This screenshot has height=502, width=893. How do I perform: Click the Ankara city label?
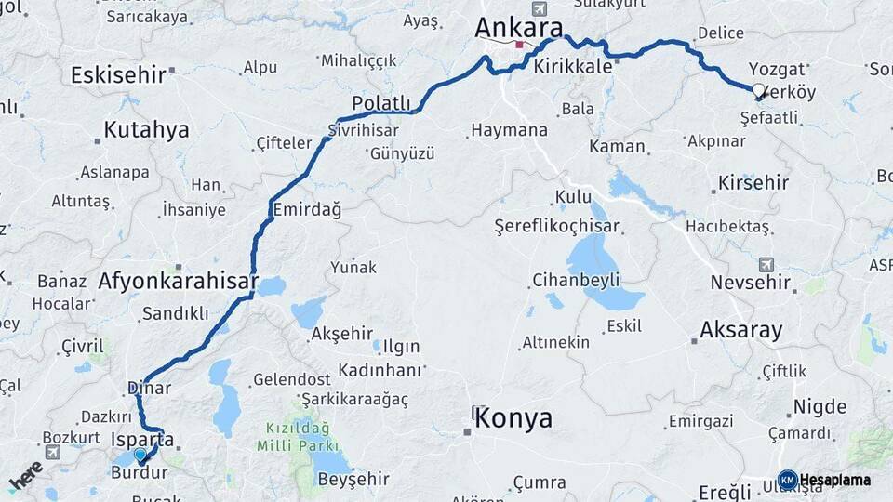(x=519, y=28)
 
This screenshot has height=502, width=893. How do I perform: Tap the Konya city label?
(x=513, y=418)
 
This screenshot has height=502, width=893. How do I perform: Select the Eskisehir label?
(x=118, y=74)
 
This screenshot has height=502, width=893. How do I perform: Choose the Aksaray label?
(x=740, y=330)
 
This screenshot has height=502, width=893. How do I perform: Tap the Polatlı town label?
(x=381, y=102)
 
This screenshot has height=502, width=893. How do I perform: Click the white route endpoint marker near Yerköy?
(x=758, y=91)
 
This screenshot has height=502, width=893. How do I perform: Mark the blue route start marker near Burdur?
(x=140, y=456)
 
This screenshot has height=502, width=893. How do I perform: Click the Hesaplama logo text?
(x=834, y=480)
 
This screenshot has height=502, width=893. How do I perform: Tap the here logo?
(x=26, y=475)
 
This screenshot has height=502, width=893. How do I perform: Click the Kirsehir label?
(x=753, y=182)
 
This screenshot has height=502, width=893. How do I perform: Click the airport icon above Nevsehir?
(x=766, y=264)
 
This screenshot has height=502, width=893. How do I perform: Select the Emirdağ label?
(x=306, y=210)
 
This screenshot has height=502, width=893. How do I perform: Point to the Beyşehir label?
(x=353, y=480)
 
